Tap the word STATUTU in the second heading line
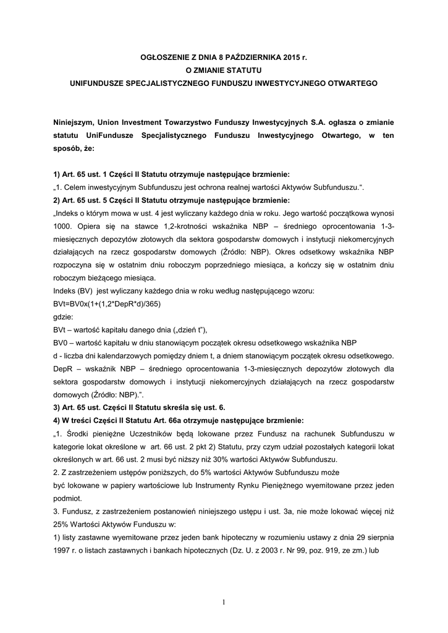243,69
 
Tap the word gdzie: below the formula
64,316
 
